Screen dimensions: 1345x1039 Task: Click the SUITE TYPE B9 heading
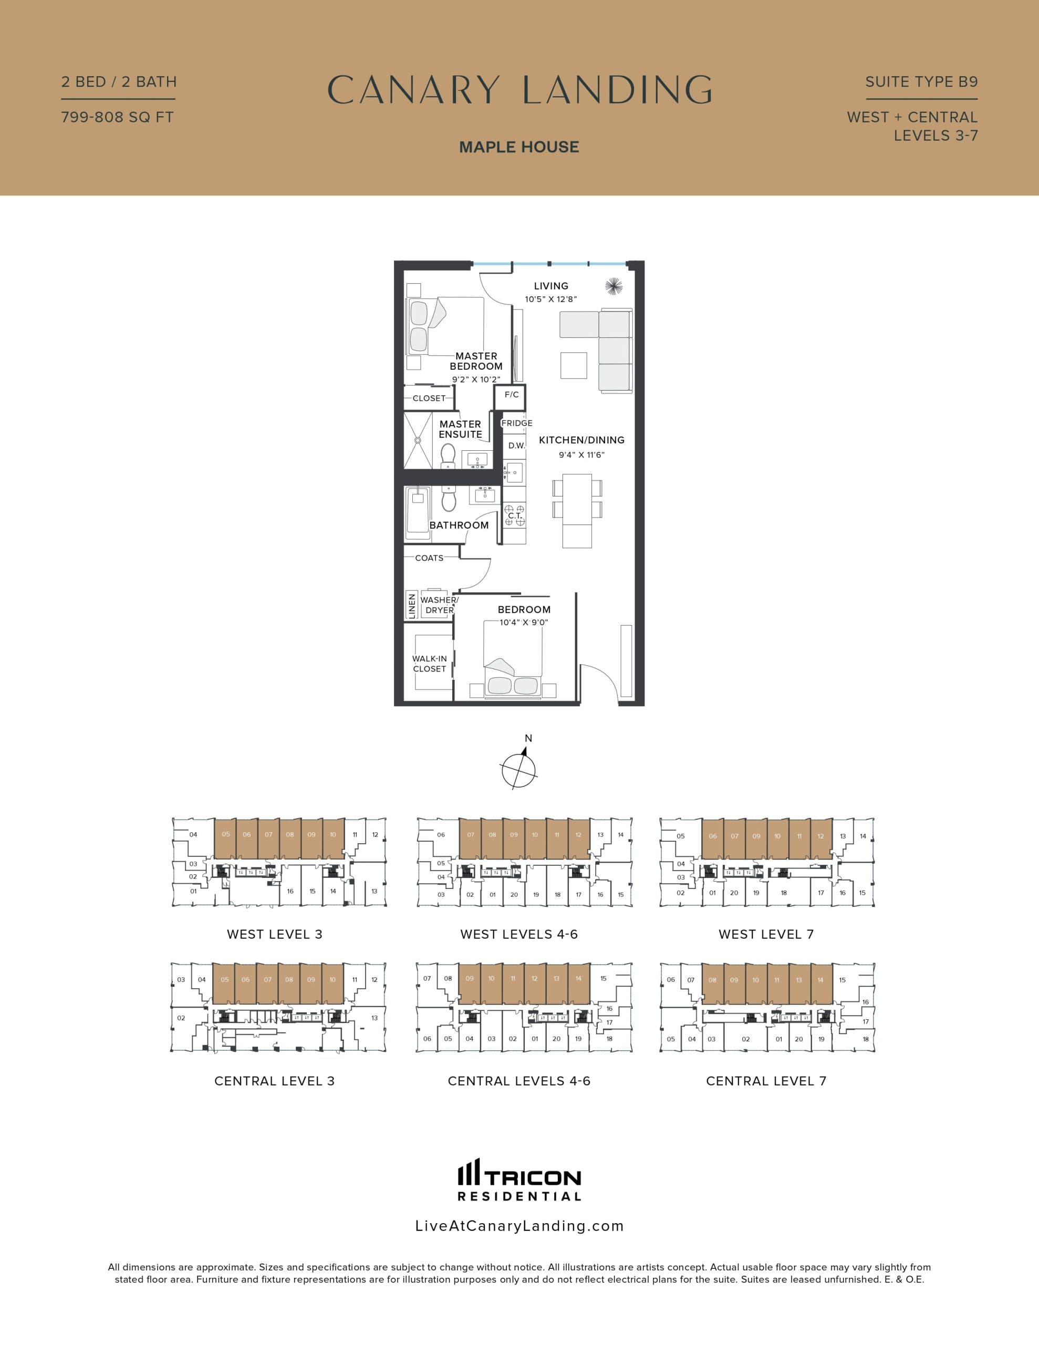click(921, 82)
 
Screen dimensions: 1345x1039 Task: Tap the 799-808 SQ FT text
click(117, 117)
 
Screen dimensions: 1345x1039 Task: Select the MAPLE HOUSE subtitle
click(518, 147)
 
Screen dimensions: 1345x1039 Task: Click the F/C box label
click(511, 395)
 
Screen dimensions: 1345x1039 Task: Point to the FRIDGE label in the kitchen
click(516, 423)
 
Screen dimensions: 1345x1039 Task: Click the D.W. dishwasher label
click(516, 445)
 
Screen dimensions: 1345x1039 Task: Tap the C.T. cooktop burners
click(515, 515)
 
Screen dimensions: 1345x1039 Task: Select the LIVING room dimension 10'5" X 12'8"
click(550, 299)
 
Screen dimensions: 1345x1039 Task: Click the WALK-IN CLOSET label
click(429, 663)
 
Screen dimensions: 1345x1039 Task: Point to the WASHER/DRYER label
click(439, 605)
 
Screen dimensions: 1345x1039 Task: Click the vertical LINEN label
click(411, 605)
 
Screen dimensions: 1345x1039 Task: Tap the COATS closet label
click(429, 558)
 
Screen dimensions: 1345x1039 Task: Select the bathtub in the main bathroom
click(418, 512)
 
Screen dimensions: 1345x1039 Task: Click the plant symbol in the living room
click(614, 286)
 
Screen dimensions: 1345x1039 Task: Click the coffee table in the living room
click(574, 365)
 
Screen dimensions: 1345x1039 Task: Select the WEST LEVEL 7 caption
click(765, 934)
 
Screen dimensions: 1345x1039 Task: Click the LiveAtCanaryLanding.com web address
click(519, 1226)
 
